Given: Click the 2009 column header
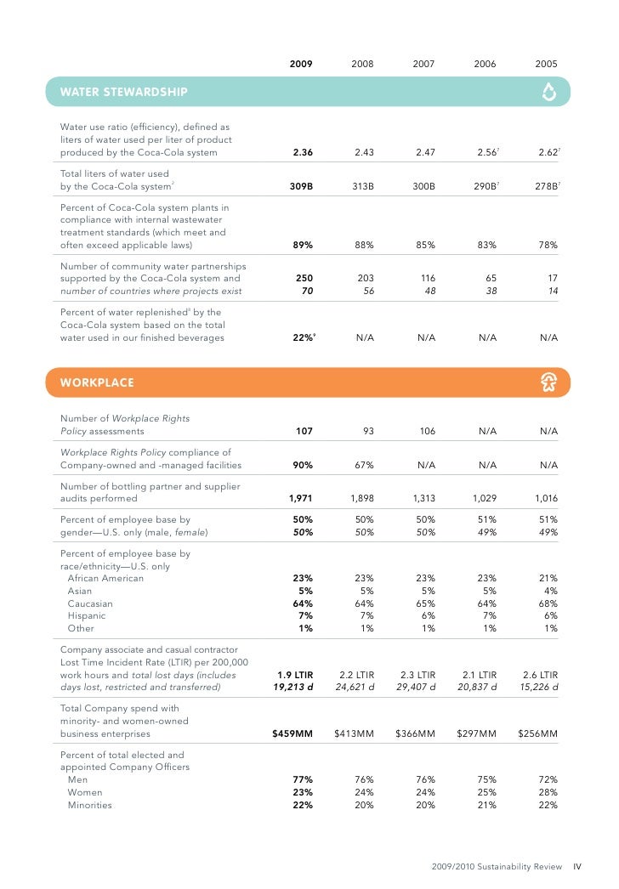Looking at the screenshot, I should tap(300, 64).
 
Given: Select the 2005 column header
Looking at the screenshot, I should tap(547, 64).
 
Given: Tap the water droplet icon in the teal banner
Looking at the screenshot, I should tap(548, 92).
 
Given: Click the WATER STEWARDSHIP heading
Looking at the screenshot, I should tap(123, 92).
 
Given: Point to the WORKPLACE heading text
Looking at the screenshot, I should tap(97, 382).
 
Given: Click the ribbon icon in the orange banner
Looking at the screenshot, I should tap(548, 382).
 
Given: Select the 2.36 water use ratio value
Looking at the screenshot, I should tap(302, 153).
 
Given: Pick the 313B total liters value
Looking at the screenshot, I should tap(363, 186).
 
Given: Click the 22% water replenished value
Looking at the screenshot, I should tap(304, 338).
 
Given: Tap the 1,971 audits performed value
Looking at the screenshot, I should tap(301, 499).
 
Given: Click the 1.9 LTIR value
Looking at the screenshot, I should tap(295, 674).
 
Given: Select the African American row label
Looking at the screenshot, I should tap(105, 579).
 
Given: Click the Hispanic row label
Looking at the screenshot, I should tap(87, 616).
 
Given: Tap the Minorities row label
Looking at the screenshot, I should tap(89, 806).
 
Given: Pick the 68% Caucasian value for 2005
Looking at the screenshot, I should tap(548, 604).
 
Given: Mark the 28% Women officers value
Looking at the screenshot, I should tap(548, 793).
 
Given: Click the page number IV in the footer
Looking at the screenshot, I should tap(576, 867).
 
